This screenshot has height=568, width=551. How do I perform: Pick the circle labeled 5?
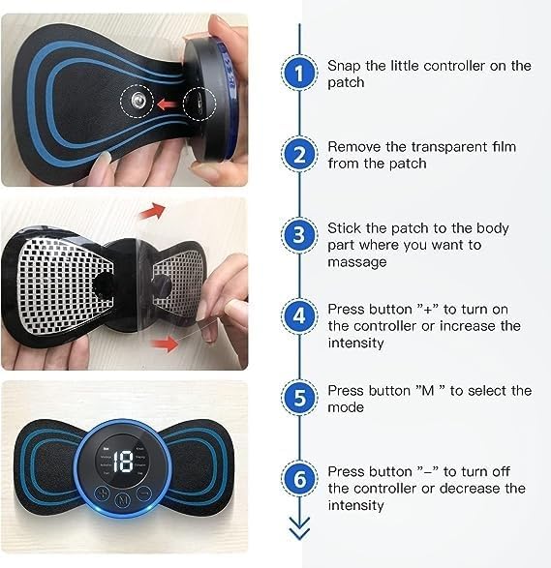(x=299, y=398)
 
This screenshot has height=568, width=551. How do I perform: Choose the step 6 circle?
(x=299, y=479)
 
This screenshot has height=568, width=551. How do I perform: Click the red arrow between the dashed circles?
(x=171, y=99)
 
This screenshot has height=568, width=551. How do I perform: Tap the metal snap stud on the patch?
(x=137, y=99)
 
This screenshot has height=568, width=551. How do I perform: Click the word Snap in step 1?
(x=343, y=66)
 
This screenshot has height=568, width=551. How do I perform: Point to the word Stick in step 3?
(x=343, y=228)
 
